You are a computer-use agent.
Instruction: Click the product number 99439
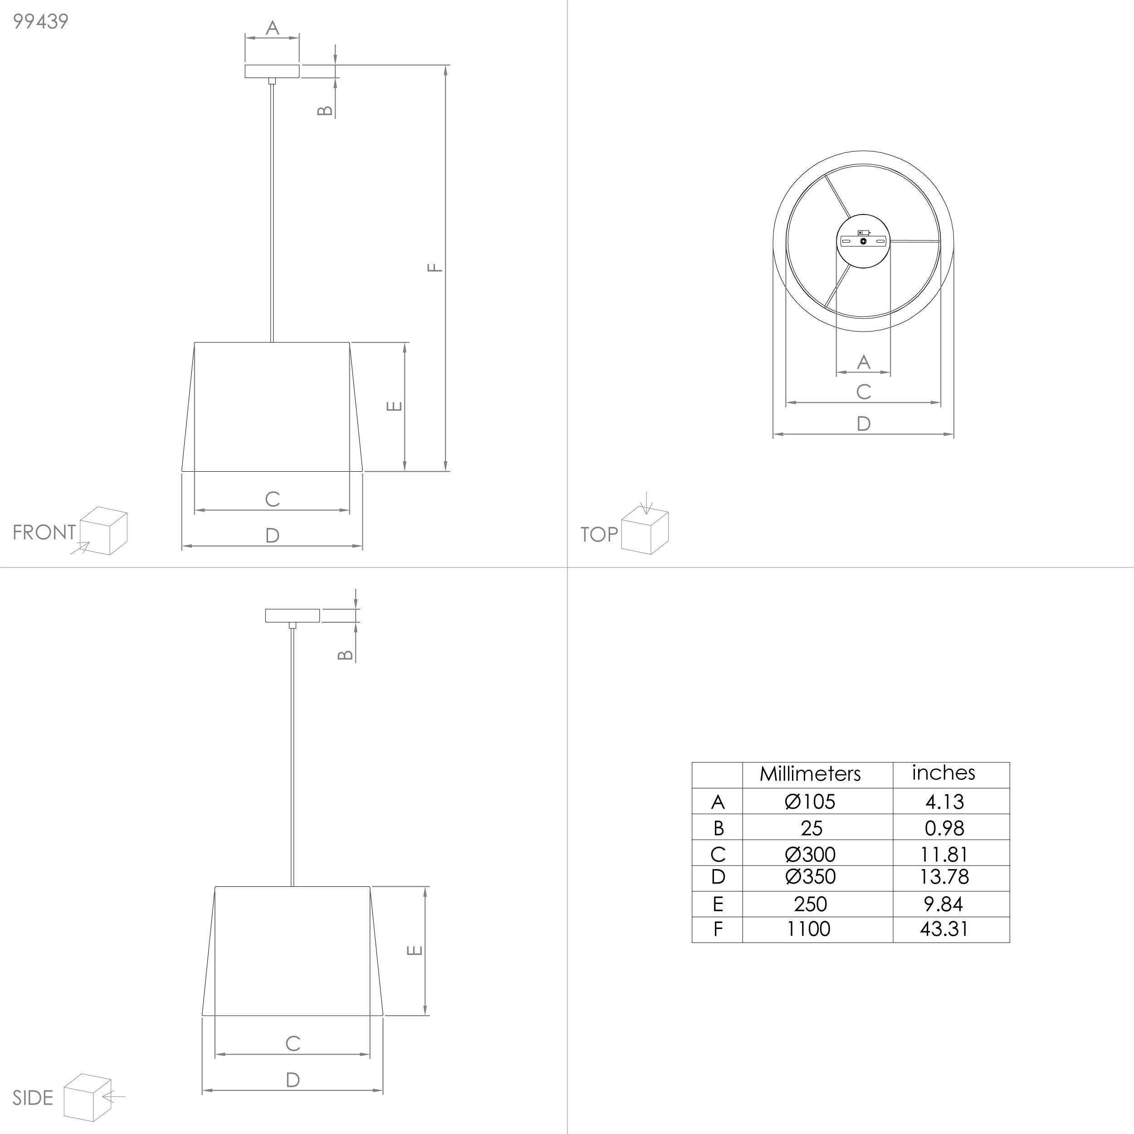pyautogui.click(x=40, y=21)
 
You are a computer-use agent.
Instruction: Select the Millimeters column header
pyautogui.click(x=810, y=773)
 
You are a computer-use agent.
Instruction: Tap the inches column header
pyautogui.click(x=943, y=772)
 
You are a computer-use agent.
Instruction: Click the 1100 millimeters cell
pyautogui.click(x=808, y=929)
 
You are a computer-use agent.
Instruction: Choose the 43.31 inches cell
pyautogui.click(x=944, y=929)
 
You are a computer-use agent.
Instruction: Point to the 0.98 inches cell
pyautogui.click(x=944, y=828)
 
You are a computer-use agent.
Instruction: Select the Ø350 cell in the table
pyautogui.click(x=810, y=876)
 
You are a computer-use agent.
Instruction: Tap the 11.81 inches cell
pyautogui.click(x=944, y=854)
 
